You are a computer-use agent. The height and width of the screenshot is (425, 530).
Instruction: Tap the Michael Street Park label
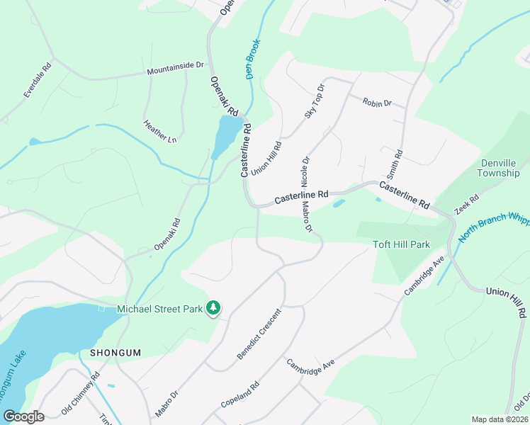tap(159, 309)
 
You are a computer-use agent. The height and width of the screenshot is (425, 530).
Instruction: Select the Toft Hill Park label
tap(402, 245)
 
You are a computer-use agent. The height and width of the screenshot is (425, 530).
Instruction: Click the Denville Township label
tap(497, 168)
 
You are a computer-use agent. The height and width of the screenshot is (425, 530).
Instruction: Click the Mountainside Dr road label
tap(175, 69)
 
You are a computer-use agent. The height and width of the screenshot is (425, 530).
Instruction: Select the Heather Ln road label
tap(159, 132)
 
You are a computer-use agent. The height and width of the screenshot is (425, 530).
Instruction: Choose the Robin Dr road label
tap(377, 103)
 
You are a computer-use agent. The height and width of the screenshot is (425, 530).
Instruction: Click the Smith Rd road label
tap(395, 164)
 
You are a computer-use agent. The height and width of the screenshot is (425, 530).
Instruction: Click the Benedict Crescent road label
tap(259, 333)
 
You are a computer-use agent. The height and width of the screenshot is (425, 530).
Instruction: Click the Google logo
tap(23, 416)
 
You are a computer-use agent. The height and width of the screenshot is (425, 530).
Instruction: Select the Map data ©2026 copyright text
tap(499, 419)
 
